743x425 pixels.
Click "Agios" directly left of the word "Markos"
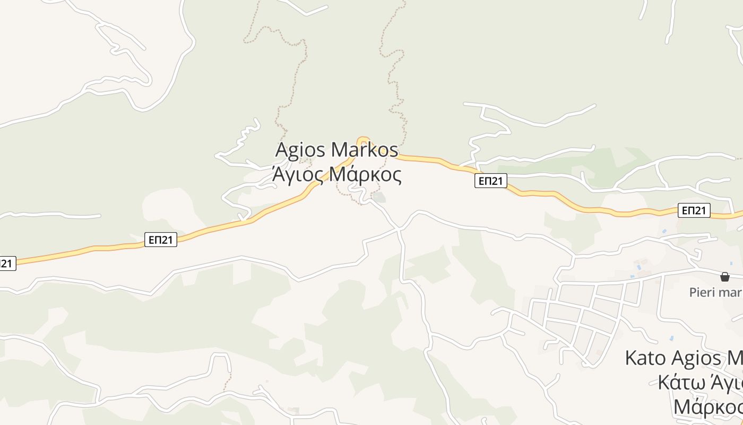point(300,150)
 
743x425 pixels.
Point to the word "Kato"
point(645,358)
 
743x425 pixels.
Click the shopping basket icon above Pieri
point(724,277)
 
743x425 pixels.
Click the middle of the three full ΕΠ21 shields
point(490,181)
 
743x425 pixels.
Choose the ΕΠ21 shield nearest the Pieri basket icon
point(694,211)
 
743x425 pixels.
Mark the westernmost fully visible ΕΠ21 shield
point(160,240)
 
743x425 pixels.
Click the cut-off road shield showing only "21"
point(7,263)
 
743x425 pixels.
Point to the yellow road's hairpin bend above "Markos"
point(363,140)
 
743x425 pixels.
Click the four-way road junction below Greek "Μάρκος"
point(399,229)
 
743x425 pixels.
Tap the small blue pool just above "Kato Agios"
point(671,338)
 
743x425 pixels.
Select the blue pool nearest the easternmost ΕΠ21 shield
point(664,232)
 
